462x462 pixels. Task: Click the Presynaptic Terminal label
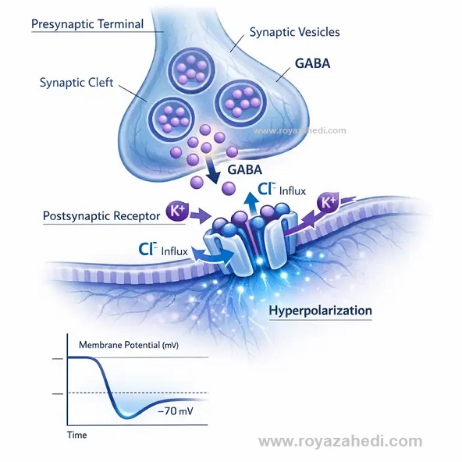pos(87,24)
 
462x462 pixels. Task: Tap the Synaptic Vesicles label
pos(295,32)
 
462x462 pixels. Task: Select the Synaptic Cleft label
pos(76,83)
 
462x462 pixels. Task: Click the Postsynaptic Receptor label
pos(101,216)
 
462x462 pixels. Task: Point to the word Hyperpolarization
pos(320,311)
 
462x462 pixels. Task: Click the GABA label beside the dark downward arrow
pos(245,169)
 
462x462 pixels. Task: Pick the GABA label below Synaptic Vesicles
pos(313,64)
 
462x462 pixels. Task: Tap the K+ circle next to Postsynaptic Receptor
pos(177,211)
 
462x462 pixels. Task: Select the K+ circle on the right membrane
pos(328,203)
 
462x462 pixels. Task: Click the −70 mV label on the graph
pos(176,410)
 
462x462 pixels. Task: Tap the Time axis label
pos(77,435)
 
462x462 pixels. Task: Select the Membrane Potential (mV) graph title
pos(129,345)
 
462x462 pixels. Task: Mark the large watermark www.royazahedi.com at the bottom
pos(340,442)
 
